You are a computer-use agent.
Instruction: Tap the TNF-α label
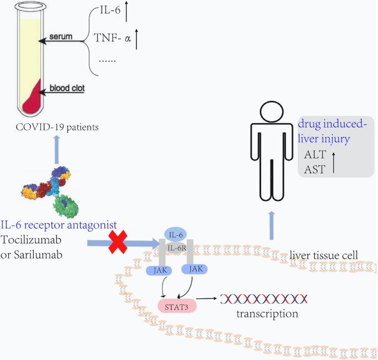click(113, 40)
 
